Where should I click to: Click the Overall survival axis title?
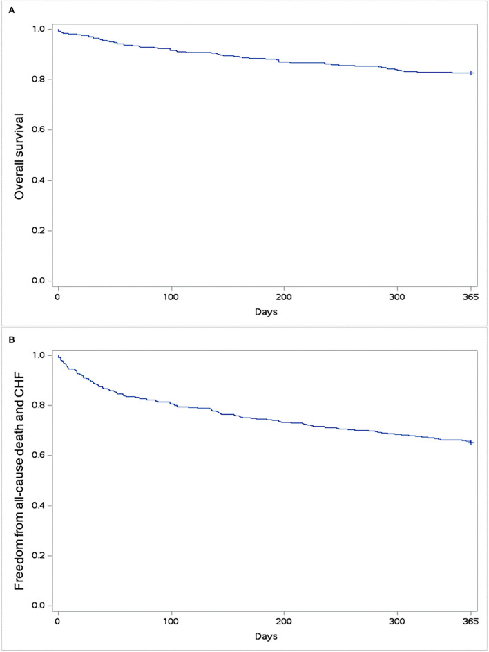(20, 155)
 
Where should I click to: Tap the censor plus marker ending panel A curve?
(471, 73)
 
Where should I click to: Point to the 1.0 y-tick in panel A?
(41, 29)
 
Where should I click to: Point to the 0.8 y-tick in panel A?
(41, 80)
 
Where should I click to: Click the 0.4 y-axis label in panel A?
(41, 180)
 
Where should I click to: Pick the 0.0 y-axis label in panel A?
(41, 281)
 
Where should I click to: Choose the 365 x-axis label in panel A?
(471, 297)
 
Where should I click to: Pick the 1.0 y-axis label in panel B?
(41, 355)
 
